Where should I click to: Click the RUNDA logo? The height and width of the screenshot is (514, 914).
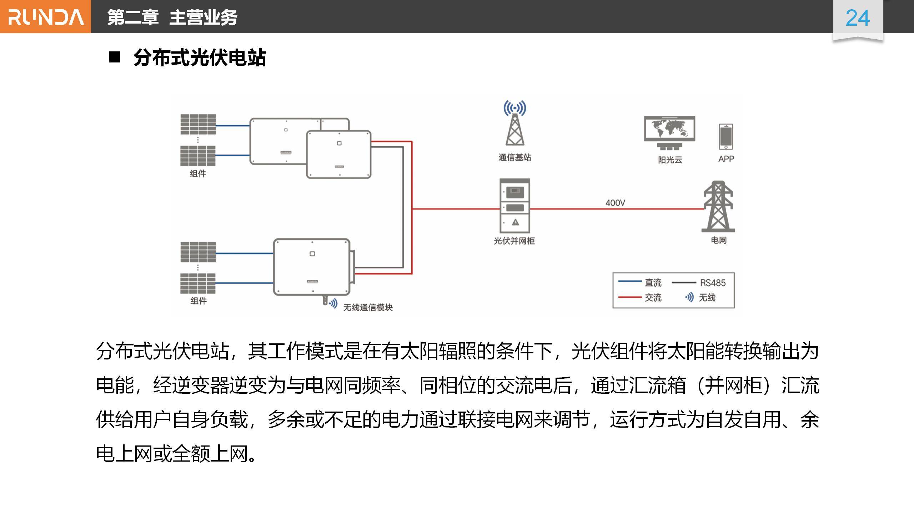pos(46,17)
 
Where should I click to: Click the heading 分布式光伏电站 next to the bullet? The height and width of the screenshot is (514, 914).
pos(200,58)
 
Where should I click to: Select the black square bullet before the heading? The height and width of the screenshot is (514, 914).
pos(114,57)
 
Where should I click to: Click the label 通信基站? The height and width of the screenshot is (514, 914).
pos(514,157)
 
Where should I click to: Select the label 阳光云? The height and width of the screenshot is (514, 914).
pos(670,160)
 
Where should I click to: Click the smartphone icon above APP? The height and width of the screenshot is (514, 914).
pos(726,136)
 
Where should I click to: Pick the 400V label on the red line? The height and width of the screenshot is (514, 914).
pos(615,203)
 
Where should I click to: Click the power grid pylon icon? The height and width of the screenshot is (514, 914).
pos(718,207)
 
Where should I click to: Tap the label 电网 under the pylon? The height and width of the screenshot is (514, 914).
pos(718,240)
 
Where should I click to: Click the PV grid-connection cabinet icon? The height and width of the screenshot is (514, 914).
pos(514,206)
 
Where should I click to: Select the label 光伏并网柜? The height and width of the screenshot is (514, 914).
pos(514,241)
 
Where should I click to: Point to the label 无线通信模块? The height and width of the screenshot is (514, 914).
pos(368,307)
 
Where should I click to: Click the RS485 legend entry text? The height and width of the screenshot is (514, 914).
pos(713,283)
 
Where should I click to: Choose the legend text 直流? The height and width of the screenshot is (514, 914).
pos(653,283)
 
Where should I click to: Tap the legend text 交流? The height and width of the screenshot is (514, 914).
pos(653,297)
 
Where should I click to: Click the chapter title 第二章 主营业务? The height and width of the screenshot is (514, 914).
pos(172,17)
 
